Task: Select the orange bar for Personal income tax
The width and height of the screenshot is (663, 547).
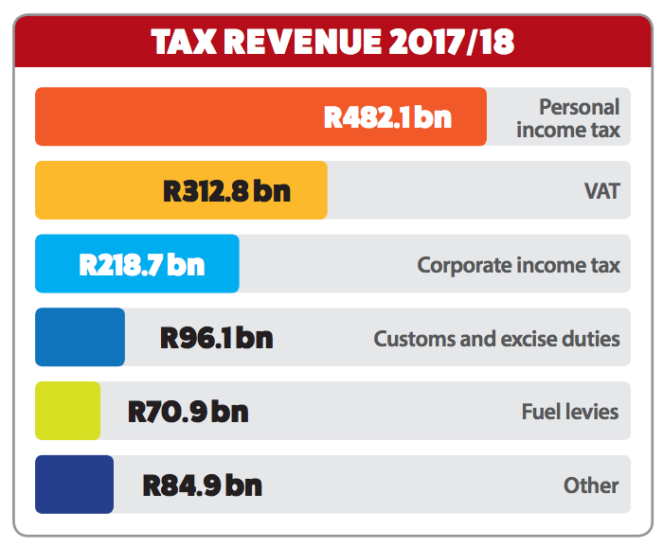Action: click(x=180, y=116)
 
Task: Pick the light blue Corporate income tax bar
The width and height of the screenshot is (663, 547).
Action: click(x=57, y=263)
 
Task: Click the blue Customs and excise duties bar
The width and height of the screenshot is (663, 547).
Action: click(x=80, y=337)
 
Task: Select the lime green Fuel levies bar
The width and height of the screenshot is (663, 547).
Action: click(x=67, y=411)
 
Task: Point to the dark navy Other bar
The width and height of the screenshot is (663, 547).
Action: click(x=74, y=485)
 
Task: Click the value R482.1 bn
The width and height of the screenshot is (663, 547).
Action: click(x=387, y=117)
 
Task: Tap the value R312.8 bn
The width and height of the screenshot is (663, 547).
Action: click(x=226, y=191)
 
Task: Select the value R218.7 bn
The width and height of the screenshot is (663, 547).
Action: click(x=141, y=264)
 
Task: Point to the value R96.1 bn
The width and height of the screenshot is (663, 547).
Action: click(x=216, y=338)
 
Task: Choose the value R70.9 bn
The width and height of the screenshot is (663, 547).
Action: click(x=188, y=412)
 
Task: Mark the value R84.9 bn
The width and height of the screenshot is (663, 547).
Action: click(x=202, y=485)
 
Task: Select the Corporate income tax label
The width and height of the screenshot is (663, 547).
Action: click(x=518, y=264)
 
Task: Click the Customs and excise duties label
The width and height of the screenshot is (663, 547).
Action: click(x=496, y=338)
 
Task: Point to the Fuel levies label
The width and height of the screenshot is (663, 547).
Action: click(x=569, y=412)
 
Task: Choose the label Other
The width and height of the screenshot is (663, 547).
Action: click(x=591, y=485)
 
